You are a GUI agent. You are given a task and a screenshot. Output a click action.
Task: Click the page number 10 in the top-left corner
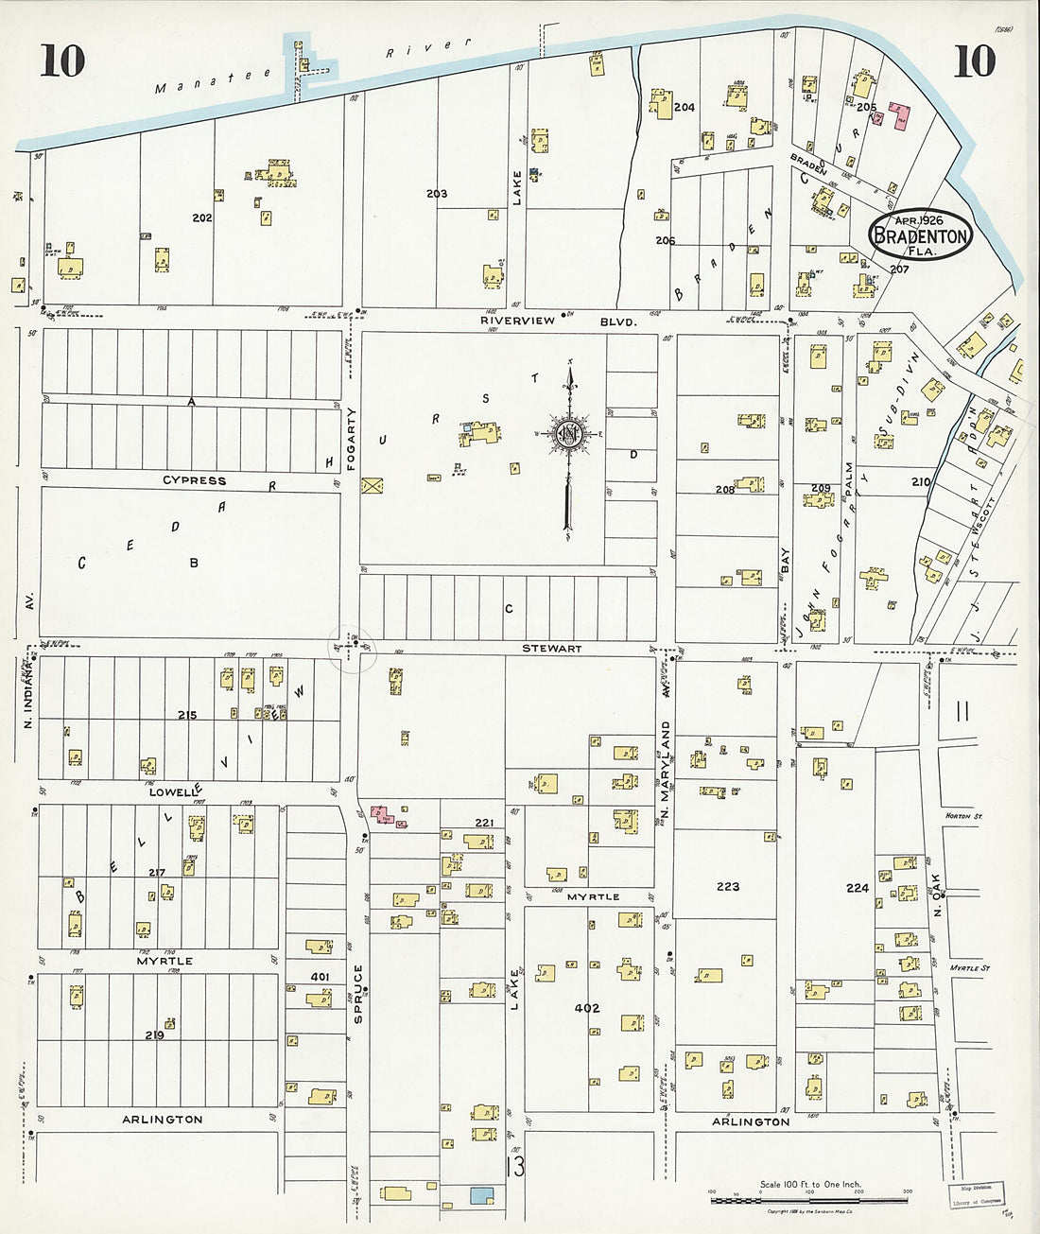coord(62,61)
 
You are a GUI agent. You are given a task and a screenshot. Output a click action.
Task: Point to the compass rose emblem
coord(570,434)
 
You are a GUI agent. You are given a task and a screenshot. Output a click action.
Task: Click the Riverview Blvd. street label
coord(558,322)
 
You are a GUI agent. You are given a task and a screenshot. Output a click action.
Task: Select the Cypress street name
coord(194,480)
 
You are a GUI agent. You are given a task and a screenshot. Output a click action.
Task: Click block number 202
coord(201,217)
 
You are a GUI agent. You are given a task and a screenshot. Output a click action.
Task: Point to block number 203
coord(436,194)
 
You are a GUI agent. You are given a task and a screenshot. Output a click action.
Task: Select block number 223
coord(727,887)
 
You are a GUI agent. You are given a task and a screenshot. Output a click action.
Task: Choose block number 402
coord(586,1008)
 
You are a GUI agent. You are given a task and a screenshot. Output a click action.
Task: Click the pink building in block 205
coord(899,116)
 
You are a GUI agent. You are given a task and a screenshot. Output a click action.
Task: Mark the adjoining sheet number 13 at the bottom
coord(515,1166)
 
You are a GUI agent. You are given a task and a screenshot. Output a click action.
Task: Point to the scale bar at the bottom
coord(809,1200)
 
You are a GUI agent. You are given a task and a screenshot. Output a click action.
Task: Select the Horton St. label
coord(964,815)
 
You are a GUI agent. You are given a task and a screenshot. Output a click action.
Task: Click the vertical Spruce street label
coord(358,992)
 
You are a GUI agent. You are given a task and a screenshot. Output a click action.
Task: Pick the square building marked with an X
coord(372,486)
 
